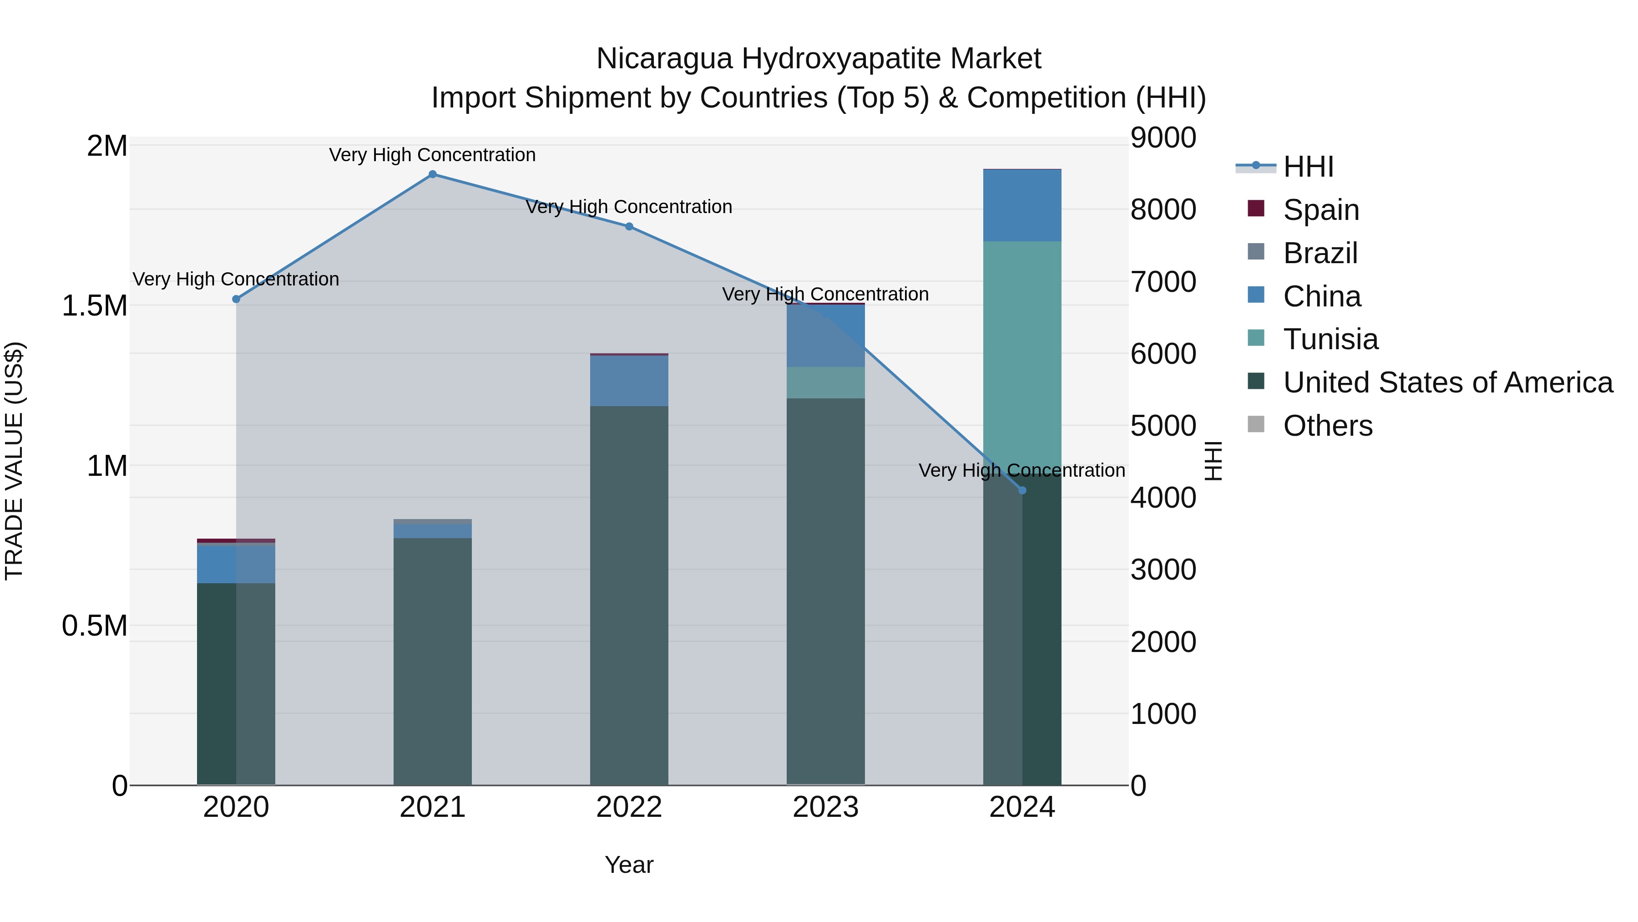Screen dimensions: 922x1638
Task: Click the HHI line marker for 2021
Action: point(432,174)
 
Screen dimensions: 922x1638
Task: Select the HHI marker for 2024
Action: point(1022,490)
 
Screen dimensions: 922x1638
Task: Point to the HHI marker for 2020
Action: point(236,299)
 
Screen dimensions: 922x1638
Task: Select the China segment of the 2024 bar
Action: point(1022,205)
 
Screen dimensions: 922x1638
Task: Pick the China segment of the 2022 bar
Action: point(629,381)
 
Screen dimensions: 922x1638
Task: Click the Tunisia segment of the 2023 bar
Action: point(825,382)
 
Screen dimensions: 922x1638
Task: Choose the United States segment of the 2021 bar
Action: point(432,662)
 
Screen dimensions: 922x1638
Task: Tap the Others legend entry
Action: point(1327,426)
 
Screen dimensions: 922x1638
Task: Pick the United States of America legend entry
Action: point(1447,382)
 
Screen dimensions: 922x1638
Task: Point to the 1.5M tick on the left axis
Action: point(94,306)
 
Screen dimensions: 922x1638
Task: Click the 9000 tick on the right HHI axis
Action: point(1163,138)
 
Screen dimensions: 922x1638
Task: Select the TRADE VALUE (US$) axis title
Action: point(14,461)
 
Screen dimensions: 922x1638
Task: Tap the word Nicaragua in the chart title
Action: point(664,59)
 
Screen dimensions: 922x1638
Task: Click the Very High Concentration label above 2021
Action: point(432,155)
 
